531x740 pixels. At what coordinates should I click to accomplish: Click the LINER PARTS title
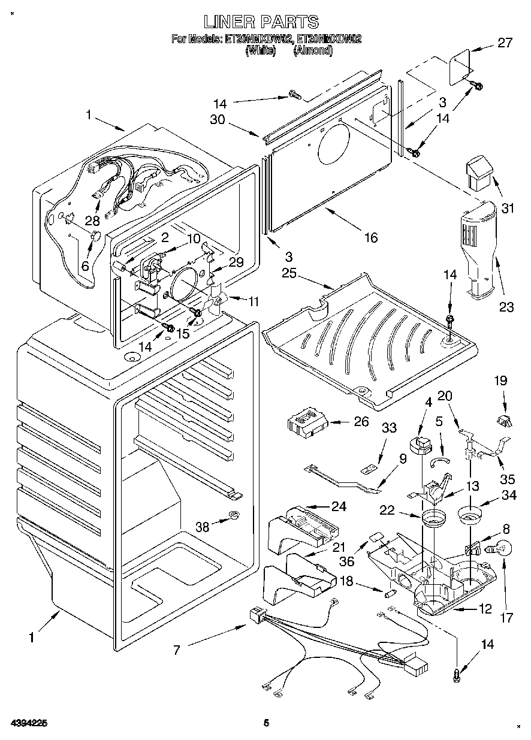pos(261,22)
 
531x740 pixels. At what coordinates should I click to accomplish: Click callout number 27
pos(505,43)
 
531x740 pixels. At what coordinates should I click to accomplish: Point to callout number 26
pos(361,422)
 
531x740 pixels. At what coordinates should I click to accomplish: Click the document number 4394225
pos(29,723)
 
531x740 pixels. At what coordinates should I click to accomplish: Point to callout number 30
pos(217,119)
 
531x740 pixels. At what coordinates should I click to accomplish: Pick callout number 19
pos(500,380)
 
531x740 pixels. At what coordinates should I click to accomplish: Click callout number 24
pos(339,506)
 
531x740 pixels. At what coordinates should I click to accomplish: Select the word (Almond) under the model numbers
pos(313,51)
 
